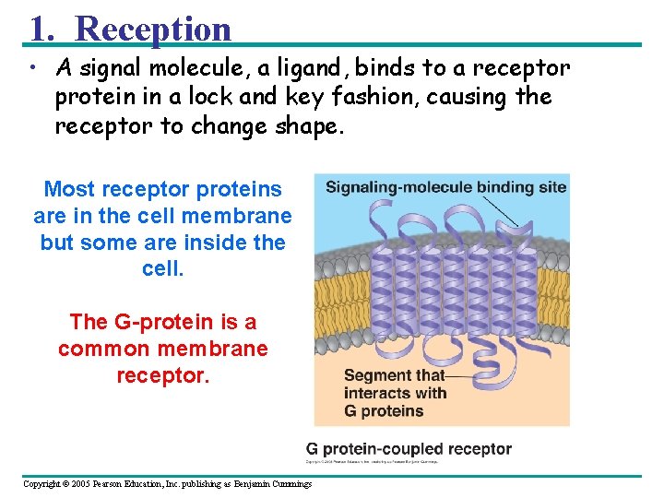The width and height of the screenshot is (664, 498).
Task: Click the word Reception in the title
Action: click(x=153, y=29)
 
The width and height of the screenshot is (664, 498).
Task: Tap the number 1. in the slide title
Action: click(x=41, y=29)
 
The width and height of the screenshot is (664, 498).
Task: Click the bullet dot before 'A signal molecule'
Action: click(x=31, y=68)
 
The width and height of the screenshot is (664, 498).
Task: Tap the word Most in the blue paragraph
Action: click(x=70, y=189)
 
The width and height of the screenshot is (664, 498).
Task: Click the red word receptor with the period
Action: click(x=162, y=375)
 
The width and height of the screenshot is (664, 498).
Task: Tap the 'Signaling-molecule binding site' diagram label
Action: click(x=445, y=187)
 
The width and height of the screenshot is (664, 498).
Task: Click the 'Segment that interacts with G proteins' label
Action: click(x=395, y=393)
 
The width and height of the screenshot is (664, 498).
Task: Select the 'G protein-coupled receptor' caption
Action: click(x=409, y=449)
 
